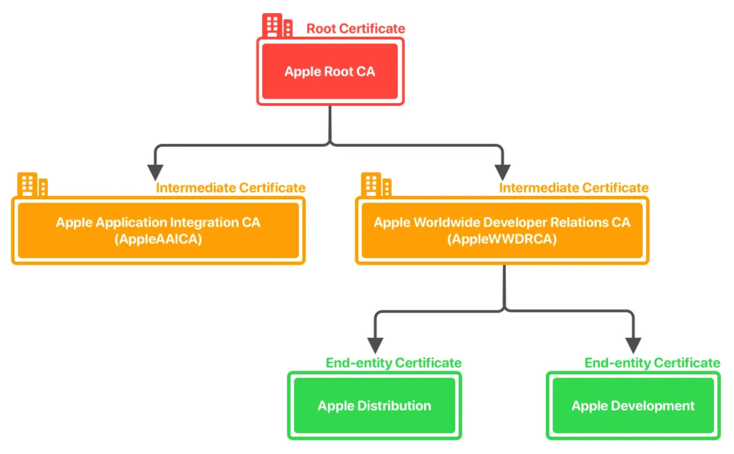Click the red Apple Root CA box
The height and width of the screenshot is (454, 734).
[330, 71]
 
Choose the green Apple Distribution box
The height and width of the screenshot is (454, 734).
[374, 406]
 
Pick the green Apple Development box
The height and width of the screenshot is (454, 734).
[633, 406]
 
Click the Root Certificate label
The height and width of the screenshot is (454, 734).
[355, 29]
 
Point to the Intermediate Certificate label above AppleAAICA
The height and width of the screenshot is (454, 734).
[231, 188]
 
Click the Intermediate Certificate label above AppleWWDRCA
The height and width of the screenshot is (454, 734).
[574, 188]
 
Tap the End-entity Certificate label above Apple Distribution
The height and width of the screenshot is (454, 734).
[394, 363]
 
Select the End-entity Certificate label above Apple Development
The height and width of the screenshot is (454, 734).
[652, 363]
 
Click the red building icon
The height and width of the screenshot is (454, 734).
[277, 25]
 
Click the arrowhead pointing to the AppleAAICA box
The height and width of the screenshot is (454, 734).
[155, 172]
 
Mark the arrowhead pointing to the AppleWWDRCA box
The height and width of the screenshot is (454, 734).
[502, 172]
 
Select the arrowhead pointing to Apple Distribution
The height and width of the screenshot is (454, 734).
[375, 345]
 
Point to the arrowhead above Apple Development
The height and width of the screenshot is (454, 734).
[633, 345]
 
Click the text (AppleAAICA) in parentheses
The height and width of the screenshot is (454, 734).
[158, 239]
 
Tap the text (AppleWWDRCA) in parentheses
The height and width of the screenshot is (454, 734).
[502, 239]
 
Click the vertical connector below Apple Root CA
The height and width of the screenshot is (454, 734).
[330, 123]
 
